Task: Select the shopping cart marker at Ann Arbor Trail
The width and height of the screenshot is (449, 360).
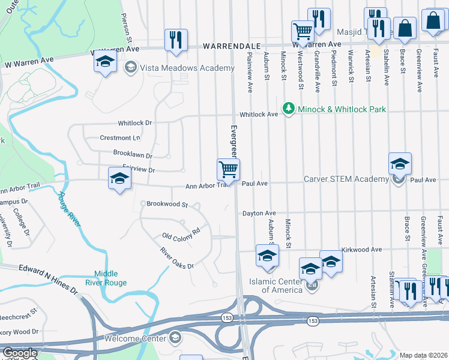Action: tap(228, 169)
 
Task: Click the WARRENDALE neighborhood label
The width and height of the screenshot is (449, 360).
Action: tap(231, 46)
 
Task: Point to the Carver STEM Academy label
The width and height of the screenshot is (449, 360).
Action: tap(347, 179)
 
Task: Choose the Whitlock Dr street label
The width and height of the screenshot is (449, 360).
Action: tap(136, 123)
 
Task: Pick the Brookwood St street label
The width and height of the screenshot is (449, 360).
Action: tap(167, 205)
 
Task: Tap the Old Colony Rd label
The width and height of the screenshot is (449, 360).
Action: tap(181, 233)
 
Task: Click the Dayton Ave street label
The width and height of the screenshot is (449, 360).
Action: tap(259, 213)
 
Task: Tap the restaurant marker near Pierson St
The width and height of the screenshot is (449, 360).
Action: tap(176, 40)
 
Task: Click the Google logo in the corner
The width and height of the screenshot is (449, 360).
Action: tap(20, 353)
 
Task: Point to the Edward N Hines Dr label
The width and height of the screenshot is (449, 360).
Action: tap(49, 280)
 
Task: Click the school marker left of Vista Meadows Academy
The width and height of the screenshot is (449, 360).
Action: tap(105, 62)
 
